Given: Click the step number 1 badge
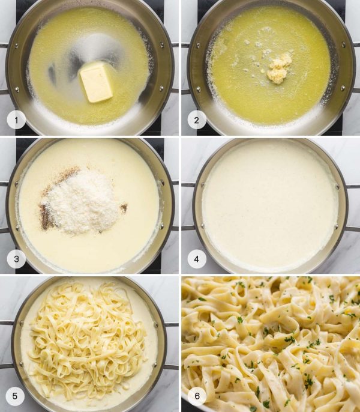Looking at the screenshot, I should tap(16, 121).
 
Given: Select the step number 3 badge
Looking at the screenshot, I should tap(16, 259).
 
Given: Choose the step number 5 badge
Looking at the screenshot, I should tap(16, 396).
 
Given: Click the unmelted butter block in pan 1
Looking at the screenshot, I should tap(97, 82).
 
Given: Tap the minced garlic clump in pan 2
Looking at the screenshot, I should tap(278, 68).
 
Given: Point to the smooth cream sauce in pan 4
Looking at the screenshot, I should tap(270, 204).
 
